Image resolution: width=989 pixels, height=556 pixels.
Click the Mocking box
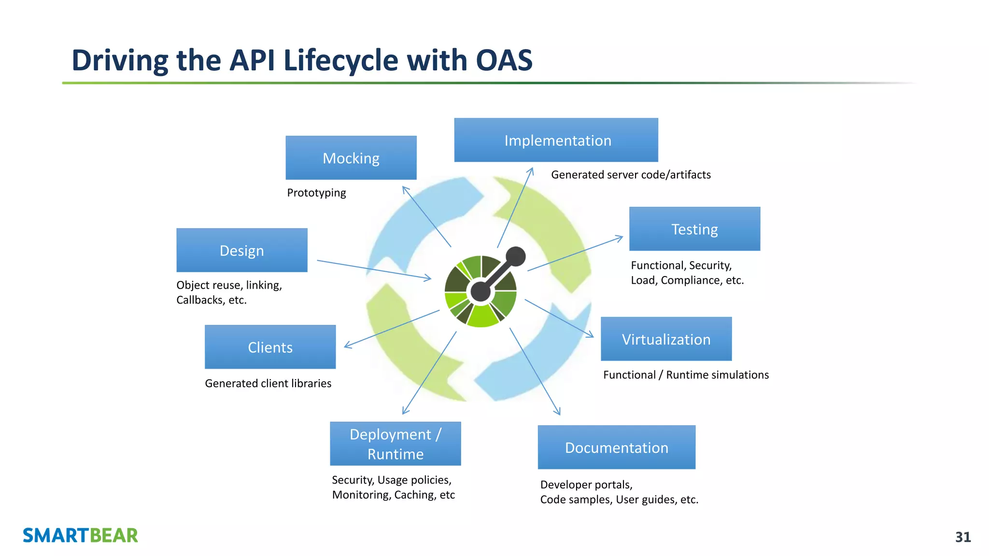click(351, 158)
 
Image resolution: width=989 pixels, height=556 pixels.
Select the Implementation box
click(556, 140)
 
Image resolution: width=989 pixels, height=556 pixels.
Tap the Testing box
click(694, 229)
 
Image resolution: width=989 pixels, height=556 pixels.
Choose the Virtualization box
click(666, 339)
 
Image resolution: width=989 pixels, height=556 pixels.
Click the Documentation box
click(616, 447)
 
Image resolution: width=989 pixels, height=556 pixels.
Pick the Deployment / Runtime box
click(395, 444)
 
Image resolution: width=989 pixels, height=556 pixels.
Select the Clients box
click(270, 347)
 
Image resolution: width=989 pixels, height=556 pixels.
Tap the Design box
click(241, 250)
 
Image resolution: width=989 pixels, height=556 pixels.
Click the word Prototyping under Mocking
click(316, 193)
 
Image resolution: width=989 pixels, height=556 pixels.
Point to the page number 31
click(962, 537)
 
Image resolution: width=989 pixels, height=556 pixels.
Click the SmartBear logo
click(80, 535)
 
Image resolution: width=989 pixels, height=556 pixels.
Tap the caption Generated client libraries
click(268, 383)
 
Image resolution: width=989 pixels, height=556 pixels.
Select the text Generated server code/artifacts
click(631, 175)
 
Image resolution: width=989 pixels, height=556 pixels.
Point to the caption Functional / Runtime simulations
click(686, 375)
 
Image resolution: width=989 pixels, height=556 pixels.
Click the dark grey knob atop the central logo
click(515, 256)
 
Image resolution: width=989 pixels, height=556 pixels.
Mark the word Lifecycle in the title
click(341, 60)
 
